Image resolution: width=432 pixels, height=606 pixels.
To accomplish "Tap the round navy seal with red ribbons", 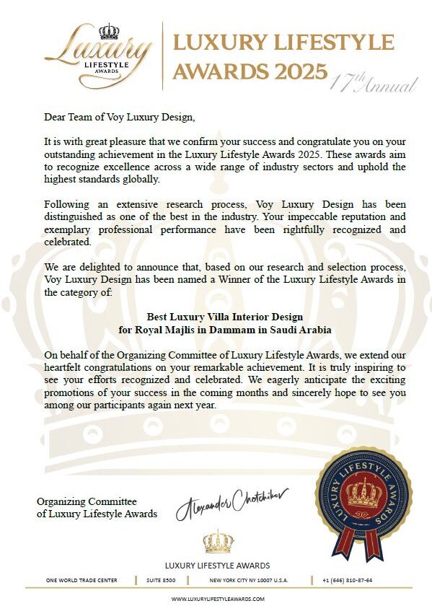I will click(364, 496).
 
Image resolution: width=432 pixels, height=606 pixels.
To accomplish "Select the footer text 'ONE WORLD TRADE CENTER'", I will click(80, 580).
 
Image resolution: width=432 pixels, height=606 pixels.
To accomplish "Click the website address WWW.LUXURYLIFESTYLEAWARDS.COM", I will click(218, 599).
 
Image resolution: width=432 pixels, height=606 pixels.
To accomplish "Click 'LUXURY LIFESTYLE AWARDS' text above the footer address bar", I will click(218, 565).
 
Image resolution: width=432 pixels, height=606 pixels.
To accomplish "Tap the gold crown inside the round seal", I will click(363, 493).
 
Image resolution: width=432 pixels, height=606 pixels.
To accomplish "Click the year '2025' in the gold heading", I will click(295, 70).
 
